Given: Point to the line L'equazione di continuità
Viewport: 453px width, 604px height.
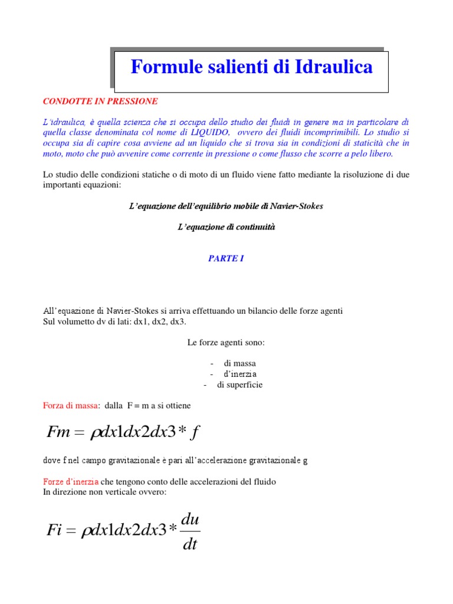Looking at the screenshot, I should point(226,227).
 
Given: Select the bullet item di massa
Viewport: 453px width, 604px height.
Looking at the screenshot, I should point(239,363).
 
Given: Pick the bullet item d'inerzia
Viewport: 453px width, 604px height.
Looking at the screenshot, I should point(239,374).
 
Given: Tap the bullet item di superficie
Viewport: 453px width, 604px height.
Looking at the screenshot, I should point(239,385).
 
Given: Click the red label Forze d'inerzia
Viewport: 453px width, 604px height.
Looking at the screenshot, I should point(71,482).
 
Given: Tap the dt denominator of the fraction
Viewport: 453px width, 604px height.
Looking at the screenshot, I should point(189,543).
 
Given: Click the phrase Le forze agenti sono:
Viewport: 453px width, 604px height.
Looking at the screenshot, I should point(226,342).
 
